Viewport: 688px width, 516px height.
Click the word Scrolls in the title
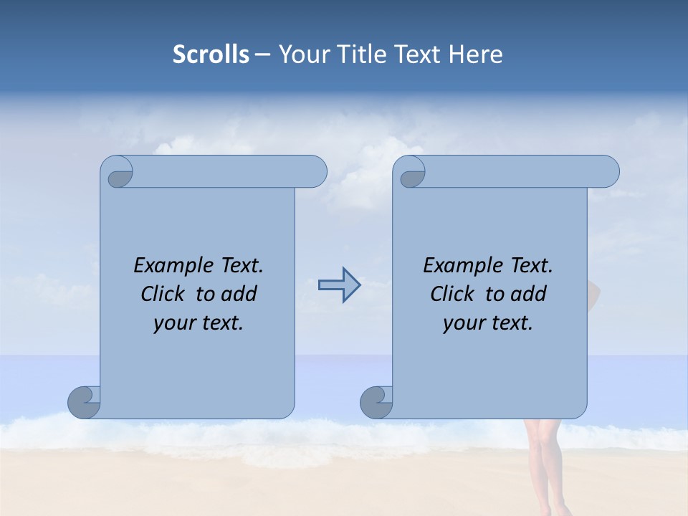(211, 54)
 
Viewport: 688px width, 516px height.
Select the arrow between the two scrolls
(339, 285)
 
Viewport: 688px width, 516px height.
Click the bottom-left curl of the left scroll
(84, 402)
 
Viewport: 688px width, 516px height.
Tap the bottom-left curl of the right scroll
(376, 402)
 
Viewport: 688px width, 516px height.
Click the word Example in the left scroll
(171, 265)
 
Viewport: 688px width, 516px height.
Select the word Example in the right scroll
(460, 265)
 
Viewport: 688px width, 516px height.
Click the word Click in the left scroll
(163, 294)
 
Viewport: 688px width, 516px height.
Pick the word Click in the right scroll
(452, 294)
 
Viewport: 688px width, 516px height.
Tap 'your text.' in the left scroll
(199, 323)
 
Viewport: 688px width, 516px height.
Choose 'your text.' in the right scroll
(488, 323)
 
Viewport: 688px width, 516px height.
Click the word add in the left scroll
(239, 294)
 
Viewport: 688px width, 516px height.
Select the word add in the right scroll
(529, 294)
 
